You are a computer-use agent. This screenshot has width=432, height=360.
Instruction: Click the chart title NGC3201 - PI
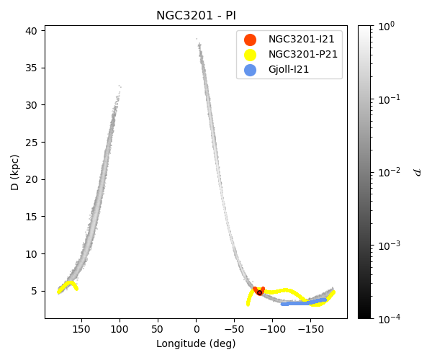[x=196, y=16]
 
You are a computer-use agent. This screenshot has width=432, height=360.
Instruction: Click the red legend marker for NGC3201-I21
[x=250, y=40]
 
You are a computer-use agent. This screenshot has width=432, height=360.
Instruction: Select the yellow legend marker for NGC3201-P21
[x=250, y=55]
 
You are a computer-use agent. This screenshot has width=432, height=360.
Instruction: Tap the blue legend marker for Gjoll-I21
[x=250, y=70]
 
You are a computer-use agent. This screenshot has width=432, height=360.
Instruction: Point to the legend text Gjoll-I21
[x=292, y=70]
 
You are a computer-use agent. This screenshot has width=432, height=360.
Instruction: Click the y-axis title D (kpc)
[x=15, y=172]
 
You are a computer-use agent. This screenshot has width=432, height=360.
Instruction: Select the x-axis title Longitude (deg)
[x=196, y=343]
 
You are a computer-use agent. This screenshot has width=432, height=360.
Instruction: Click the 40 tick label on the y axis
[x=31, y=31]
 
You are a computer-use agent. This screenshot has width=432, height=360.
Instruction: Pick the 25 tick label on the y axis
[x=31, y=142]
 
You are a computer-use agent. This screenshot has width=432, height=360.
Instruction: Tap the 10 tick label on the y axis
[x=31, y=253]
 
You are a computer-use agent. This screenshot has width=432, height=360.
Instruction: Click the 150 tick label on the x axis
[x=81, y=329]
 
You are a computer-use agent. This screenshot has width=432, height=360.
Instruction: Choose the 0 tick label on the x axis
[x=196, y=329]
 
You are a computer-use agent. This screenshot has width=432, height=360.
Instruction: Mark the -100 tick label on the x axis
[x=272, y=329]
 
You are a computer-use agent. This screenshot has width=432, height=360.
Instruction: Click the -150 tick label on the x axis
[x=310, y=329]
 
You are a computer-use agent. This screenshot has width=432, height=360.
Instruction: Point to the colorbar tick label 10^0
[x=387, y=26]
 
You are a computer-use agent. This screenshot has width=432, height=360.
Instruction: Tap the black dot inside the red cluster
[x=259, y=292]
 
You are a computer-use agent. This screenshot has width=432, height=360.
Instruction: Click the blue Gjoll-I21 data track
[x=302, y=303]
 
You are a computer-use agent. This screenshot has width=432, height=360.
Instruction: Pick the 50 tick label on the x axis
[x=158, y=329]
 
